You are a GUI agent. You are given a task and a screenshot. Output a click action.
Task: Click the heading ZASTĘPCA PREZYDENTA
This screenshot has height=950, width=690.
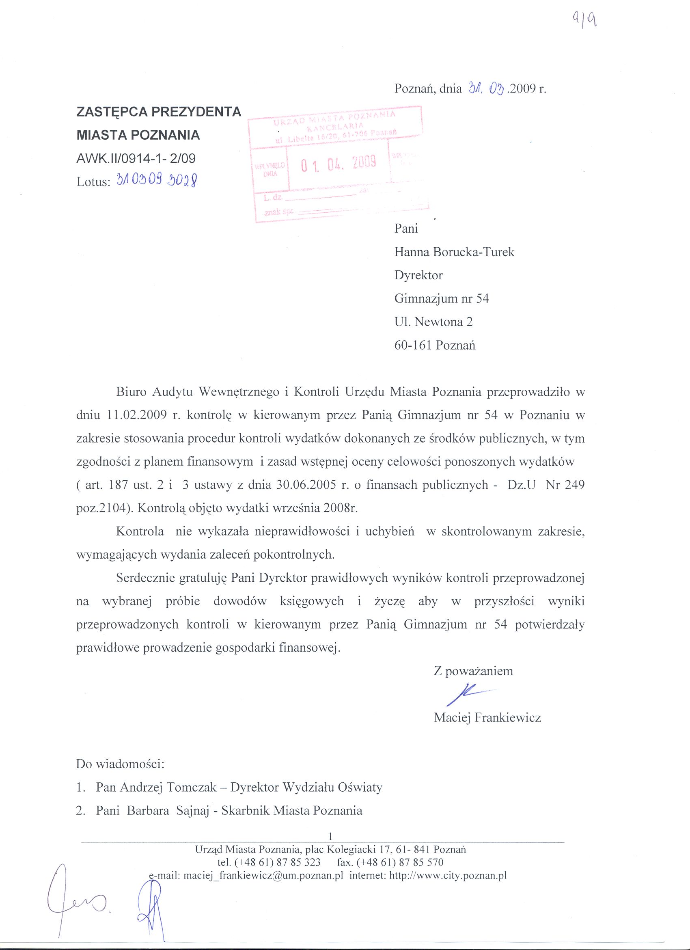point(159,112)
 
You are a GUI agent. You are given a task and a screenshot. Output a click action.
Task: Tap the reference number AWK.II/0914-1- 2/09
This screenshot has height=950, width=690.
point(136,158)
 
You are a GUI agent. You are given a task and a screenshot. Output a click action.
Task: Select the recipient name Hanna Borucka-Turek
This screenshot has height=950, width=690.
point(454,252)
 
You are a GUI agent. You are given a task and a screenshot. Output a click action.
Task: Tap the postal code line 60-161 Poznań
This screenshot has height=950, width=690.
point(435,345)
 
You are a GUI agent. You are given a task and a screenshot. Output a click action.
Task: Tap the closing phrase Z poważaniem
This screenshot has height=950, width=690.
point(473,671)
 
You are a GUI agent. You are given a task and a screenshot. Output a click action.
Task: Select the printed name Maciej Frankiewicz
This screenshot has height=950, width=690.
point(487,718)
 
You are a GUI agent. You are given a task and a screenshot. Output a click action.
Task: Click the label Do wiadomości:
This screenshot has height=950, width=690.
point(120,764)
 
